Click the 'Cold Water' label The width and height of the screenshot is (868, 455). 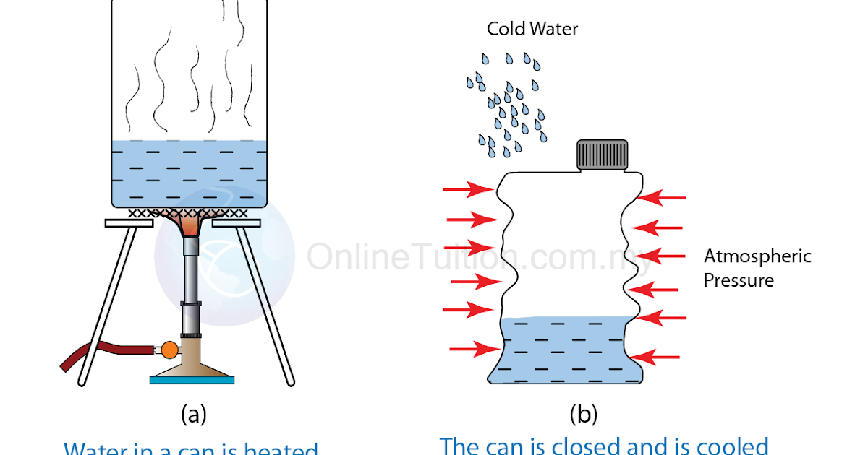pyautogui.click(x=532, y=29)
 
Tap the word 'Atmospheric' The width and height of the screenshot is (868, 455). pyautogui.click(x=757, y=256)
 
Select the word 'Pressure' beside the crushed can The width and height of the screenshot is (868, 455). pyautogui.click(x=739, y=280)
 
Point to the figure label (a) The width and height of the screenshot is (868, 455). pyautogui.click(x=193, y=414)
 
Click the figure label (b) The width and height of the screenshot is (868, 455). pyautogui.click(x=584, y=414)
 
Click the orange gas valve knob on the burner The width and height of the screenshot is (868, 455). pyautogui.click(x=169, y=350)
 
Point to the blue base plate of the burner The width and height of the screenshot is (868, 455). pyautogui.click(x=192, y=379)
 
